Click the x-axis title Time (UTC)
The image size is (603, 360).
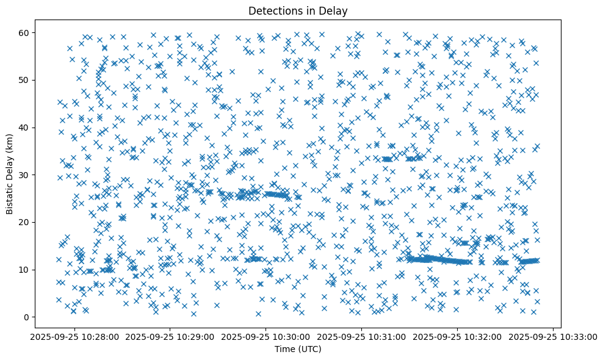[x=298, y=349]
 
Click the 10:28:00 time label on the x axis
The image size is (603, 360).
[x=76, y=336]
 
